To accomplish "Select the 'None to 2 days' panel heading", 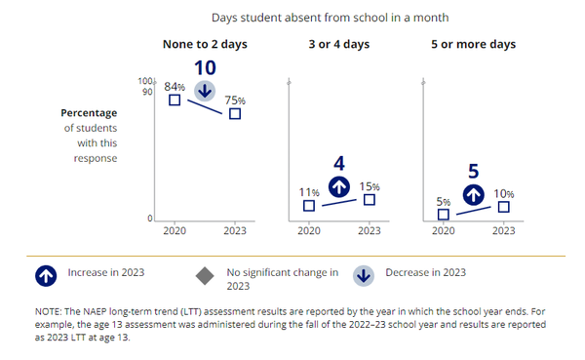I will [204, 44].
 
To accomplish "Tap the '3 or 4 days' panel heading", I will [338, 44].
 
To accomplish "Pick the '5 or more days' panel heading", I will [473, 44].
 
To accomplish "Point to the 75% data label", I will [235, 99].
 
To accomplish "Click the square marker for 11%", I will [309, 206].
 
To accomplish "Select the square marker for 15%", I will [369, 199].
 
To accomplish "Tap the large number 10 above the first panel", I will [205, 67].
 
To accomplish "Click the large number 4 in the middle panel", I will [339, 162].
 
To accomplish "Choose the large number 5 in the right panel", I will [474, 170].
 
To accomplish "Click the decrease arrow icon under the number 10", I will [205, 91].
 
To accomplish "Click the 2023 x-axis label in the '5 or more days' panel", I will [503, 231].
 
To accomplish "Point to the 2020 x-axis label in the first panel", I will [174, 231].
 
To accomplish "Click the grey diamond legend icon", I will [205, 276].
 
